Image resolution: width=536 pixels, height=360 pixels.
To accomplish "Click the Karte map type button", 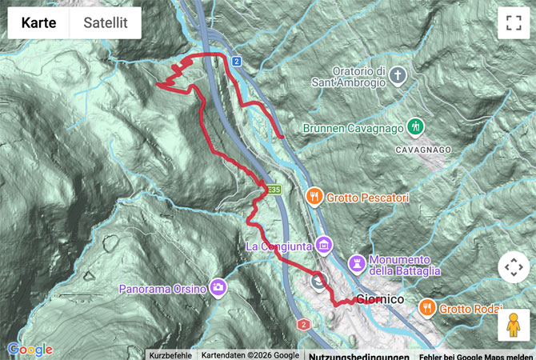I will pyautogui.click(x=38, y=23).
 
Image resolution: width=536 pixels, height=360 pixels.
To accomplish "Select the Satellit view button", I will pyautogui.click(x=105, y=23).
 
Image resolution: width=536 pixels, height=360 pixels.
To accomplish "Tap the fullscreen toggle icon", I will pyautogui.click(x=513, y=23).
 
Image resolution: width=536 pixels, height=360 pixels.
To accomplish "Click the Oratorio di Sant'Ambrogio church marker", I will pyautogui.click(x=398, y=77).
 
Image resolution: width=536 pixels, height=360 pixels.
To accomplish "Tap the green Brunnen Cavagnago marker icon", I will pyautogui.click(x=414, y=126).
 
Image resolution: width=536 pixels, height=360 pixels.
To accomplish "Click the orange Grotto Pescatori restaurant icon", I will pyautogui.click(x=314, y=195).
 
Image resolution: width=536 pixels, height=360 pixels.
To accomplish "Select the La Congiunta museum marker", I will pyautogui.click(x=323, y=244).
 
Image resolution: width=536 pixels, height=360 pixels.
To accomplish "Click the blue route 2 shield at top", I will pyautogui.click(x=237, y=61).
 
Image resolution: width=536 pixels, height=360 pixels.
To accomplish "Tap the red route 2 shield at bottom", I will pyautogui.click(x=303, y=324).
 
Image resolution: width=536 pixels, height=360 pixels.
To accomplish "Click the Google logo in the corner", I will pyautogui.click(x=30, y=350).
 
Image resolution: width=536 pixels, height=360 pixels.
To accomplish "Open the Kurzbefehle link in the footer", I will pyautogui.click(x=170, y=355).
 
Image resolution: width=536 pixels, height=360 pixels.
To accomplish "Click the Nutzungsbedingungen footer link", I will pyautogui.click(x=358, y=355).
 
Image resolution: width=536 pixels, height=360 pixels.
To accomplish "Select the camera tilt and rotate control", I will pyautogui.click(x=513, y=267).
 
